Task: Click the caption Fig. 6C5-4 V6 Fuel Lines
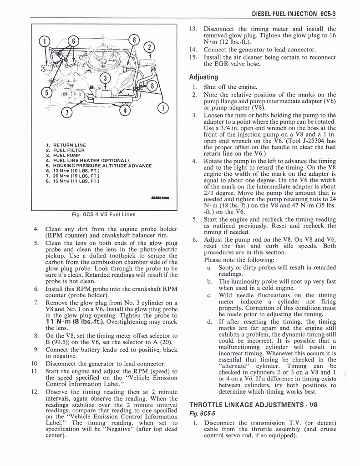point(104,214)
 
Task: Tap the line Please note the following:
point(239,260)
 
